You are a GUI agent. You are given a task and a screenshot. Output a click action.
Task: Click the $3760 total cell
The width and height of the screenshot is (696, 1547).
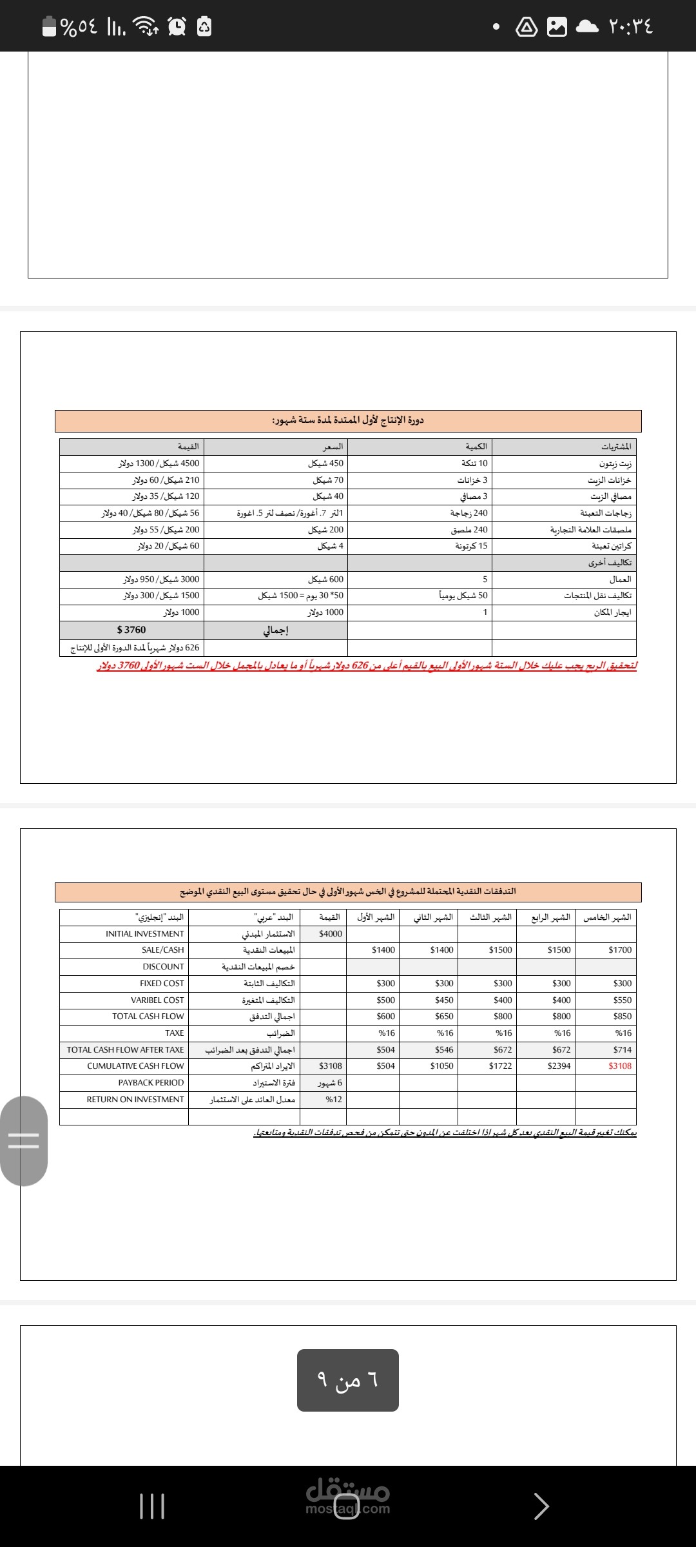point(131,630)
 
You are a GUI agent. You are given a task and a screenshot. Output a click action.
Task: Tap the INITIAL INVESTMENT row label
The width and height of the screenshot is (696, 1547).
point(145,933)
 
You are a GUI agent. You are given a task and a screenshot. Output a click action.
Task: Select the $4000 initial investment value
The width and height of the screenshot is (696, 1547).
point(331,933)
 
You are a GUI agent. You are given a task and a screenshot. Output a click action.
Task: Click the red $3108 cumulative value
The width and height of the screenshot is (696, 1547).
point(620,1065)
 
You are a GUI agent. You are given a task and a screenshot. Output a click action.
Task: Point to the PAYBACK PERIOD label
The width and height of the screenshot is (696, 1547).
point(151,1082)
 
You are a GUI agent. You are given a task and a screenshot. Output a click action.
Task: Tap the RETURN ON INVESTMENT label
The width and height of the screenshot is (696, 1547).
point(135,1099)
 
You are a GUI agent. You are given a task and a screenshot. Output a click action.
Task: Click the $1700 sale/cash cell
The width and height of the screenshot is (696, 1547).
point(620,949)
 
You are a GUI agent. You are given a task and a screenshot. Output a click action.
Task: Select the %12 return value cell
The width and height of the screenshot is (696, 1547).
point(334,1099)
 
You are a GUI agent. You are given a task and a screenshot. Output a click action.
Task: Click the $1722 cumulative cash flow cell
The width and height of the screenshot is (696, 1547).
point(501,1065)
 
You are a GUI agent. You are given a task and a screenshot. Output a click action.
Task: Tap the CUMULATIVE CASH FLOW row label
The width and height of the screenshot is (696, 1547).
point(135,1065)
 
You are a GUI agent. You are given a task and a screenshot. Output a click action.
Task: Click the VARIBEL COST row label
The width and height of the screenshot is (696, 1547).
point(157,1000)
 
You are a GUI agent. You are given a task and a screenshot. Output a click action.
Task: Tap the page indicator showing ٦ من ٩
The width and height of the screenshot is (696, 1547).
point(348,1380)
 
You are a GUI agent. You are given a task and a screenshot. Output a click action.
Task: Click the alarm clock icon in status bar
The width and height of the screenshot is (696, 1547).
point(177,26)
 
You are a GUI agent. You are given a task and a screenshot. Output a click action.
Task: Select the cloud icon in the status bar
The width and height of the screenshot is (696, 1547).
point(586,26)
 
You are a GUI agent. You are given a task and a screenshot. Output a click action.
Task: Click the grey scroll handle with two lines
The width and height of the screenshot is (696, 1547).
point(23,1141)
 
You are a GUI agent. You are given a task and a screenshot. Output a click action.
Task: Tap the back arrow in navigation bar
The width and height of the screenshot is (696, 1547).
point(541,1506)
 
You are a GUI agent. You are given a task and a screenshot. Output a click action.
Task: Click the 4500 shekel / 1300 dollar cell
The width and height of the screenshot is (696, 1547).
point(159,463)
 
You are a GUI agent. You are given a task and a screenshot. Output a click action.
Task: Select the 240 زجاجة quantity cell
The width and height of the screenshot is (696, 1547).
point(469,513)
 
